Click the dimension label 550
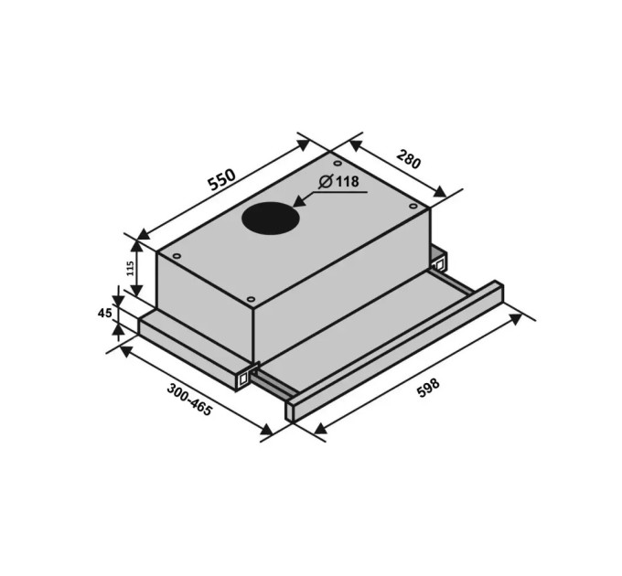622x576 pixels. (222, 179)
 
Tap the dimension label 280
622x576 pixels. (408, 158)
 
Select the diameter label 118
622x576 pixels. (348, 182)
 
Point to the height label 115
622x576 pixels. (130, 269)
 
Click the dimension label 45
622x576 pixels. (104, 314)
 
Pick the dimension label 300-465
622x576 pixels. (189, 400)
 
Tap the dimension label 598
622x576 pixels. (428, 388)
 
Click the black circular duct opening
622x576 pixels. (271, 219)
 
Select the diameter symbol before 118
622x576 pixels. (326, 182)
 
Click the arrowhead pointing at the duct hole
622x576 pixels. (299, 200)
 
